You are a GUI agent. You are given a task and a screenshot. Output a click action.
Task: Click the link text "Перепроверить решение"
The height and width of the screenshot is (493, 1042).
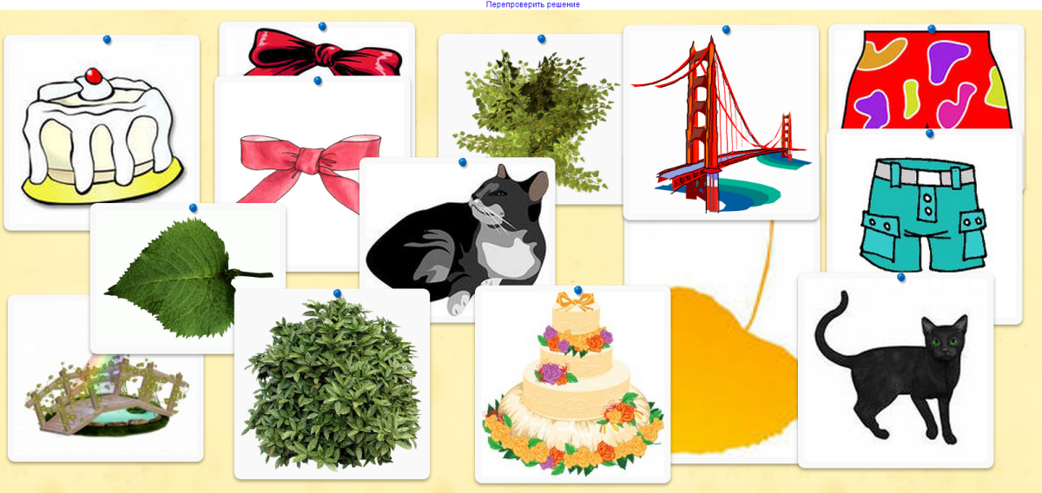532,4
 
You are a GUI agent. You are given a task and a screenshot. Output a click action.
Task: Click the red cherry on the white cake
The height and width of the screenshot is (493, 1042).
94,76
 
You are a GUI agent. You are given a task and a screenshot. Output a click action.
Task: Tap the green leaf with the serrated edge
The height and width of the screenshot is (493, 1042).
186,278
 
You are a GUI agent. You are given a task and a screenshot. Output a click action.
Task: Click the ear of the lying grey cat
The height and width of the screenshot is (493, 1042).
537,185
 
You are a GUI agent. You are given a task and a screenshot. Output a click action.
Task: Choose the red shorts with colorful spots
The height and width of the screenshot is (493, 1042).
927,79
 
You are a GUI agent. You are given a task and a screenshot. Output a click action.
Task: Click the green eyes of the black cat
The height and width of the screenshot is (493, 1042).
945,342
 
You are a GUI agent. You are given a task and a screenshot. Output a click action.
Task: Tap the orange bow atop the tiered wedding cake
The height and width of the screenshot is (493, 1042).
576,301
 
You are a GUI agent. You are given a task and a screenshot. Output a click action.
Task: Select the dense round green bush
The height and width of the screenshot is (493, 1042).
333,384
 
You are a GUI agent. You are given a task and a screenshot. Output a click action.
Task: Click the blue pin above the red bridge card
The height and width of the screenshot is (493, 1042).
726,30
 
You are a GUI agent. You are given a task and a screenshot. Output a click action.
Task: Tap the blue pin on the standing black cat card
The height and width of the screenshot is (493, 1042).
901,277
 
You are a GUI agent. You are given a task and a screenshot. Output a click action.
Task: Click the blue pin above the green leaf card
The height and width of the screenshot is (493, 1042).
194,208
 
